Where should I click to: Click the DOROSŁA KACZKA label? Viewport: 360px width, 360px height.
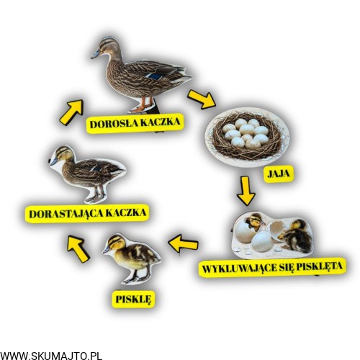tap(135, 123)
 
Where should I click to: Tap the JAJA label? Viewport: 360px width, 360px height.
tap(279, 174)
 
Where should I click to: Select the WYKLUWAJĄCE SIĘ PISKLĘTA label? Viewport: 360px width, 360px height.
tap(272, 267)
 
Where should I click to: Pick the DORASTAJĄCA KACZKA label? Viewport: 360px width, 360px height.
tap(87, 213)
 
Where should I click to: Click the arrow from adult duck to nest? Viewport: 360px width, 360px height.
tap(201, 99)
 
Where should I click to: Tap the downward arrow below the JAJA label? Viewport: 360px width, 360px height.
tap(246, 191)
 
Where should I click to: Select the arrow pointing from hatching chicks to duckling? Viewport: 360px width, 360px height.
tap(184, 243)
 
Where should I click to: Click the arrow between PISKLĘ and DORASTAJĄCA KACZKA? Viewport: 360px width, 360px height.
tap(78, 248)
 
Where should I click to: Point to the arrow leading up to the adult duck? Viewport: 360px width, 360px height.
tap(72, 112)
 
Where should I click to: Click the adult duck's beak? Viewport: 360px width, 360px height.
tap(95, 54)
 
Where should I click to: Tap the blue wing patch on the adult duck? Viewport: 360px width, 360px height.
tap(154, 76)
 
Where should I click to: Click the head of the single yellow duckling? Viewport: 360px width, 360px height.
tap(116, 243)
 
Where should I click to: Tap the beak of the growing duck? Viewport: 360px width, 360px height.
tap(53, 161)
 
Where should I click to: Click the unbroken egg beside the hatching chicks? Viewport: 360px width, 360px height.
tap(262, 240)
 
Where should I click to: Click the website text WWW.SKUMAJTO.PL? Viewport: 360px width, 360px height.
tap(51, 355)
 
